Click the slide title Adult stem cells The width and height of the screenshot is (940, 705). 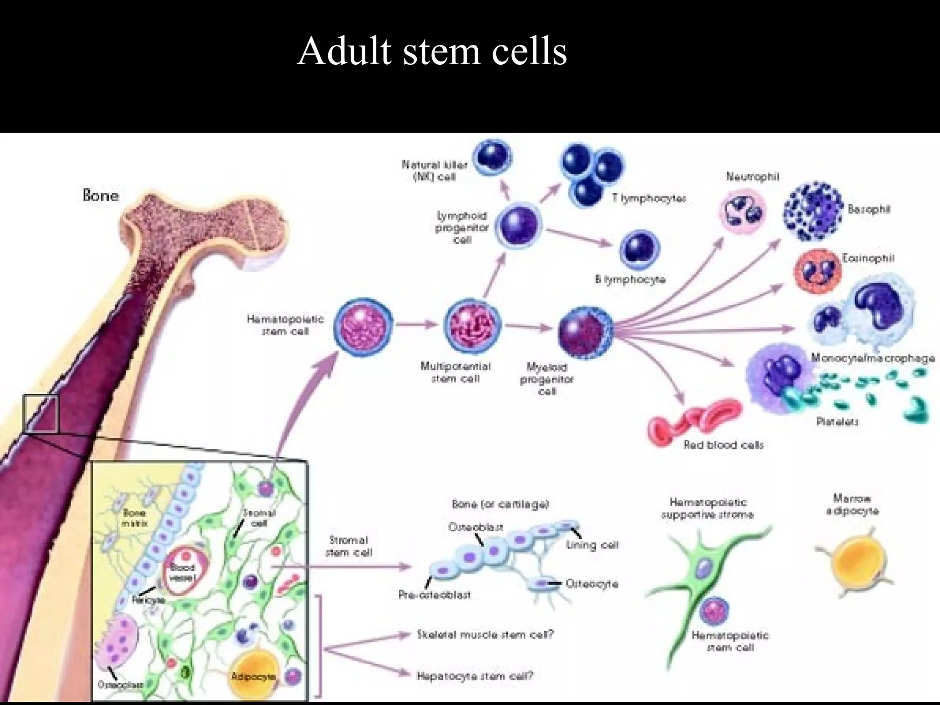click(x=432, y=51)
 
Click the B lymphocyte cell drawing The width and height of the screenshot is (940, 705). click(x=639, y=250)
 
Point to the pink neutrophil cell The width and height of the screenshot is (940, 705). click(x=742, y=211)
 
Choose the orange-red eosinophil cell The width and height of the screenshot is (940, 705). click(x=818, y=271)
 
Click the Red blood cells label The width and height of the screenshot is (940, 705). click(x=723, y=445)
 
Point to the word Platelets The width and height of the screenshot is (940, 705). click(x=837, y=421)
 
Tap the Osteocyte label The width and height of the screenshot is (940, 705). click(x=592, y=584)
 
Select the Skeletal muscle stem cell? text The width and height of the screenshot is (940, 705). click(x=485, y=635)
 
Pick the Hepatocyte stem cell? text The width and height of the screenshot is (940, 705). click(x=475, y=676)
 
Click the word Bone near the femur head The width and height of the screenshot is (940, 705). click(x=101, y=196)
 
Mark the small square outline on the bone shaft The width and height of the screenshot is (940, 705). click(x=41, y=414)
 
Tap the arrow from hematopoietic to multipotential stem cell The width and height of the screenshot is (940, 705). click(x=417, y=325)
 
